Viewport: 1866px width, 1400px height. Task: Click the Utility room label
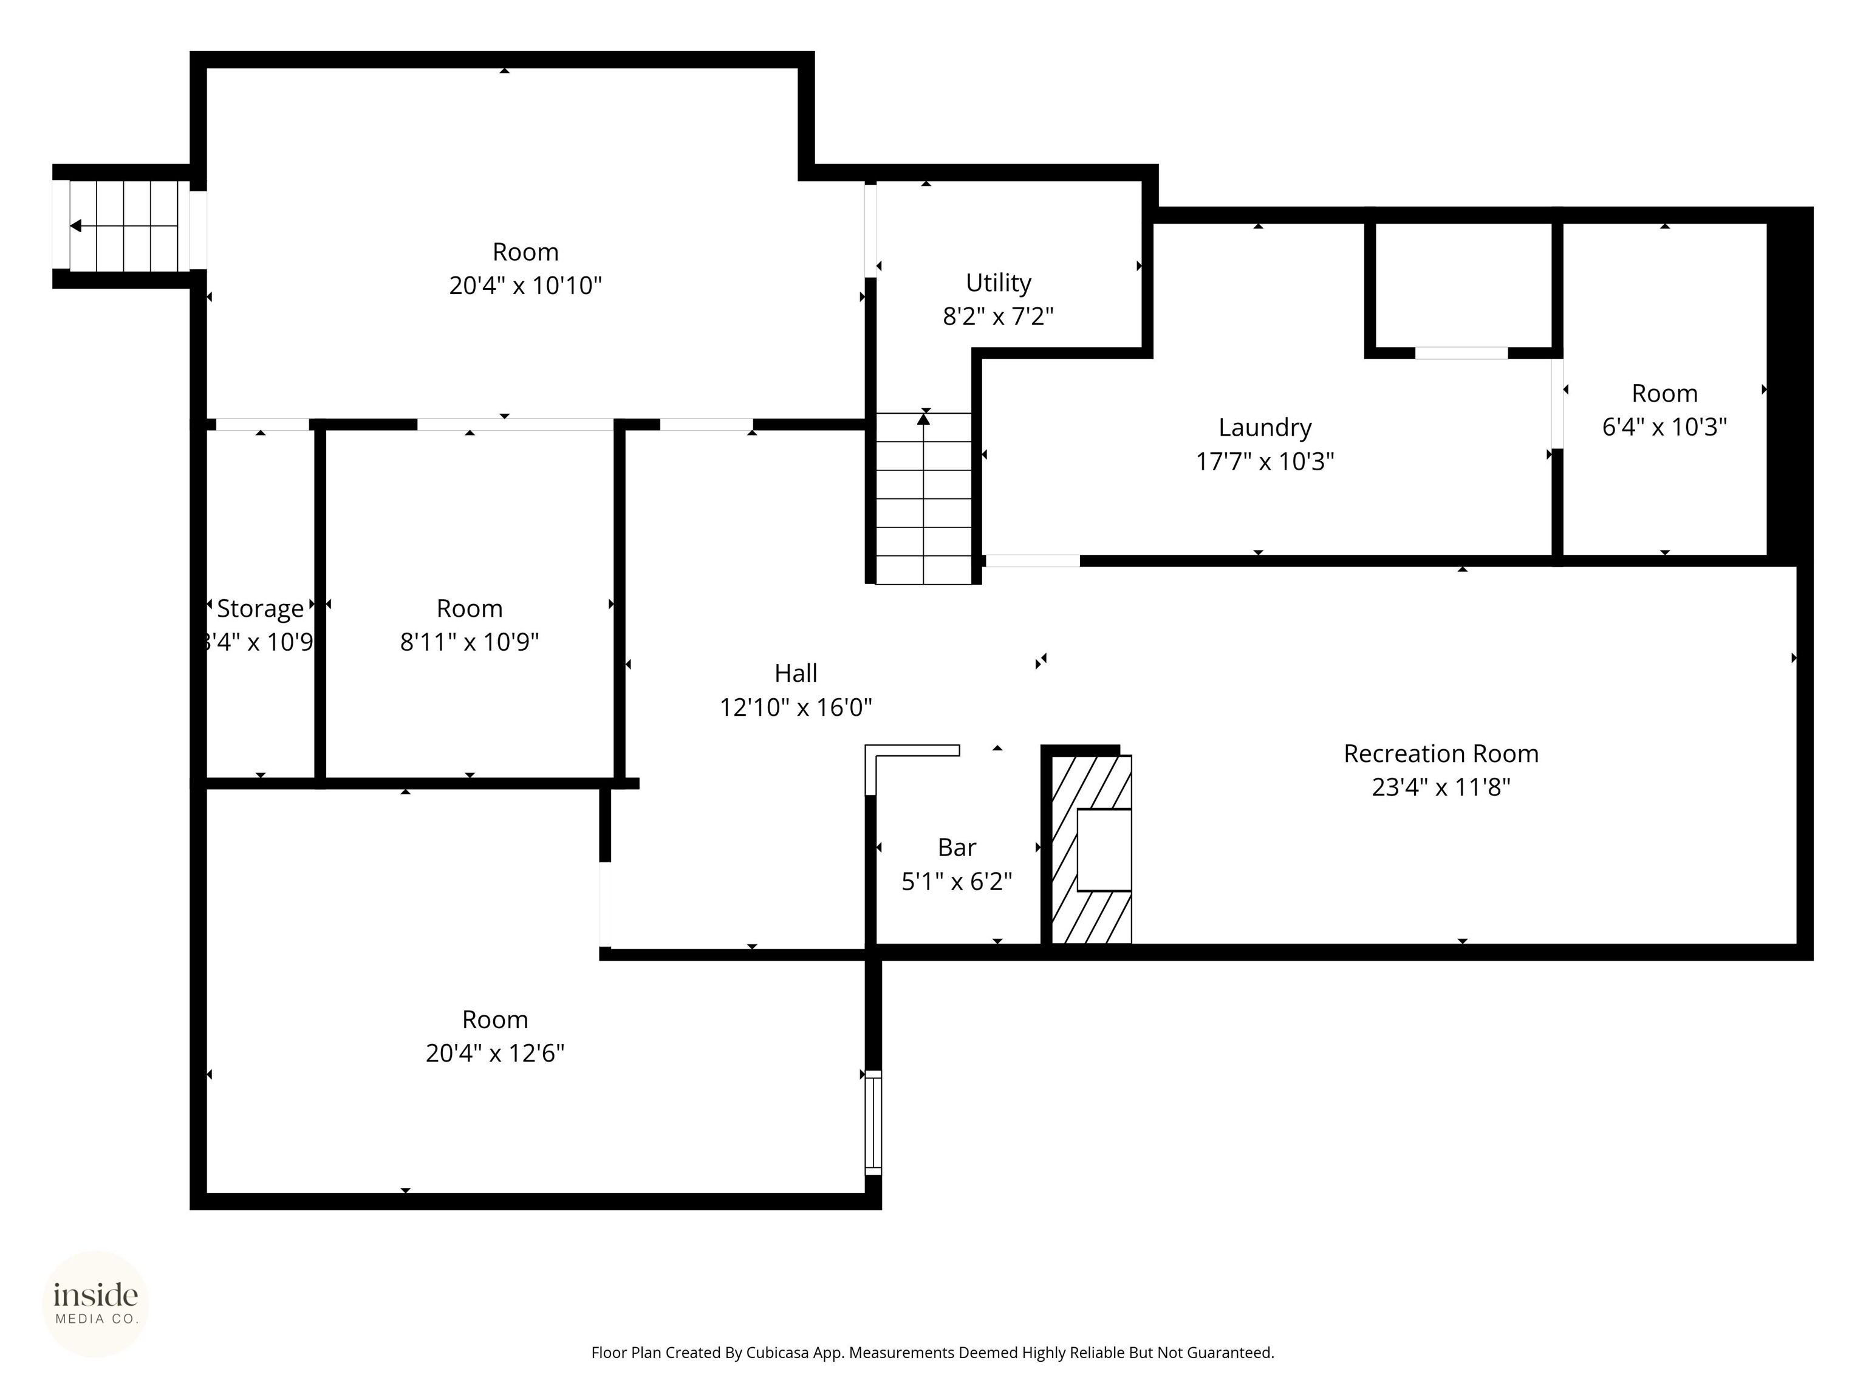(998, 282)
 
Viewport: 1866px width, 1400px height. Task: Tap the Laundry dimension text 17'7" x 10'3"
(1265, 462)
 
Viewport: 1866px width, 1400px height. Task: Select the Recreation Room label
(1440, 753)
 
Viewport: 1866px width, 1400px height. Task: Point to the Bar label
(957, 847)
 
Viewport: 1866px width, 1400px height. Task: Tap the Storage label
(260, 608)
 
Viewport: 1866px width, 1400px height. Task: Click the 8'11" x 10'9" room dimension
(469, 642)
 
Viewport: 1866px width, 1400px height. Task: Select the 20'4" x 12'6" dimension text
(494, 1053)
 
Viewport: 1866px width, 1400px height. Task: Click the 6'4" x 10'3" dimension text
(1664, 427)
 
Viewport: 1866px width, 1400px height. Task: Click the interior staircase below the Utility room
(924, 498)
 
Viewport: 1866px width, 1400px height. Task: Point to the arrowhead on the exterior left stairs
(76, 226)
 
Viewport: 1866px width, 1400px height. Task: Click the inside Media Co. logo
(95, 1304)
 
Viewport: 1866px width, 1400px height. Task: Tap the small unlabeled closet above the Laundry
(1463, 285)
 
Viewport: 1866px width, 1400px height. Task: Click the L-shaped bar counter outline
(912, 751)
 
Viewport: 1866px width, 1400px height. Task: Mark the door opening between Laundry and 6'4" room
(1557, 403)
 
